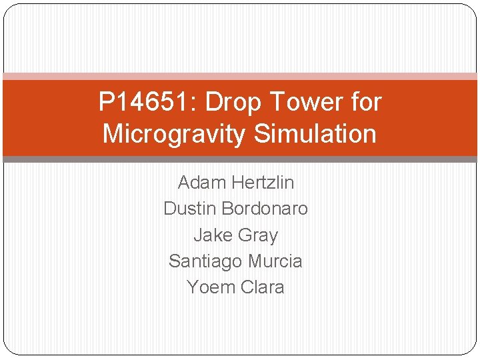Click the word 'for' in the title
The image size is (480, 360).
(x=366, y=103)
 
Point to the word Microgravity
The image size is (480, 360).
(x=174, y=134)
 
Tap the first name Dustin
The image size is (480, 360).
(x=190, y=209)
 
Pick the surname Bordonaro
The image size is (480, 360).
(x=265, y=209)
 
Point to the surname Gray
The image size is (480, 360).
(x=257, y=235)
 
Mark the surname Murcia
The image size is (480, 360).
(x=274, y=261)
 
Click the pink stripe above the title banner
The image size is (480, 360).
(x=240, y=77)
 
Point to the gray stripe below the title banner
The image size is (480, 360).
(x=240, y=159)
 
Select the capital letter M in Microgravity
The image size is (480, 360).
(x=114, y=134)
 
